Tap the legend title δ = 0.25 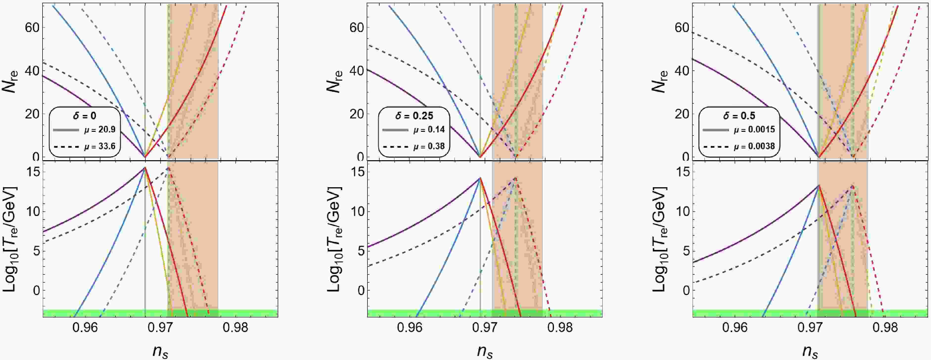pos(414,116)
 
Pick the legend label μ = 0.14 pos(429,129)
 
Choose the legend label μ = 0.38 pos(429,146)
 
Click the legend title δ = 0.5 pos(739,116)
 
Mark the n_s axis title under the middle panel pos(485,351)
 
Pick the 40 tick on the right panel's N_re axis pos(682,71)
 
